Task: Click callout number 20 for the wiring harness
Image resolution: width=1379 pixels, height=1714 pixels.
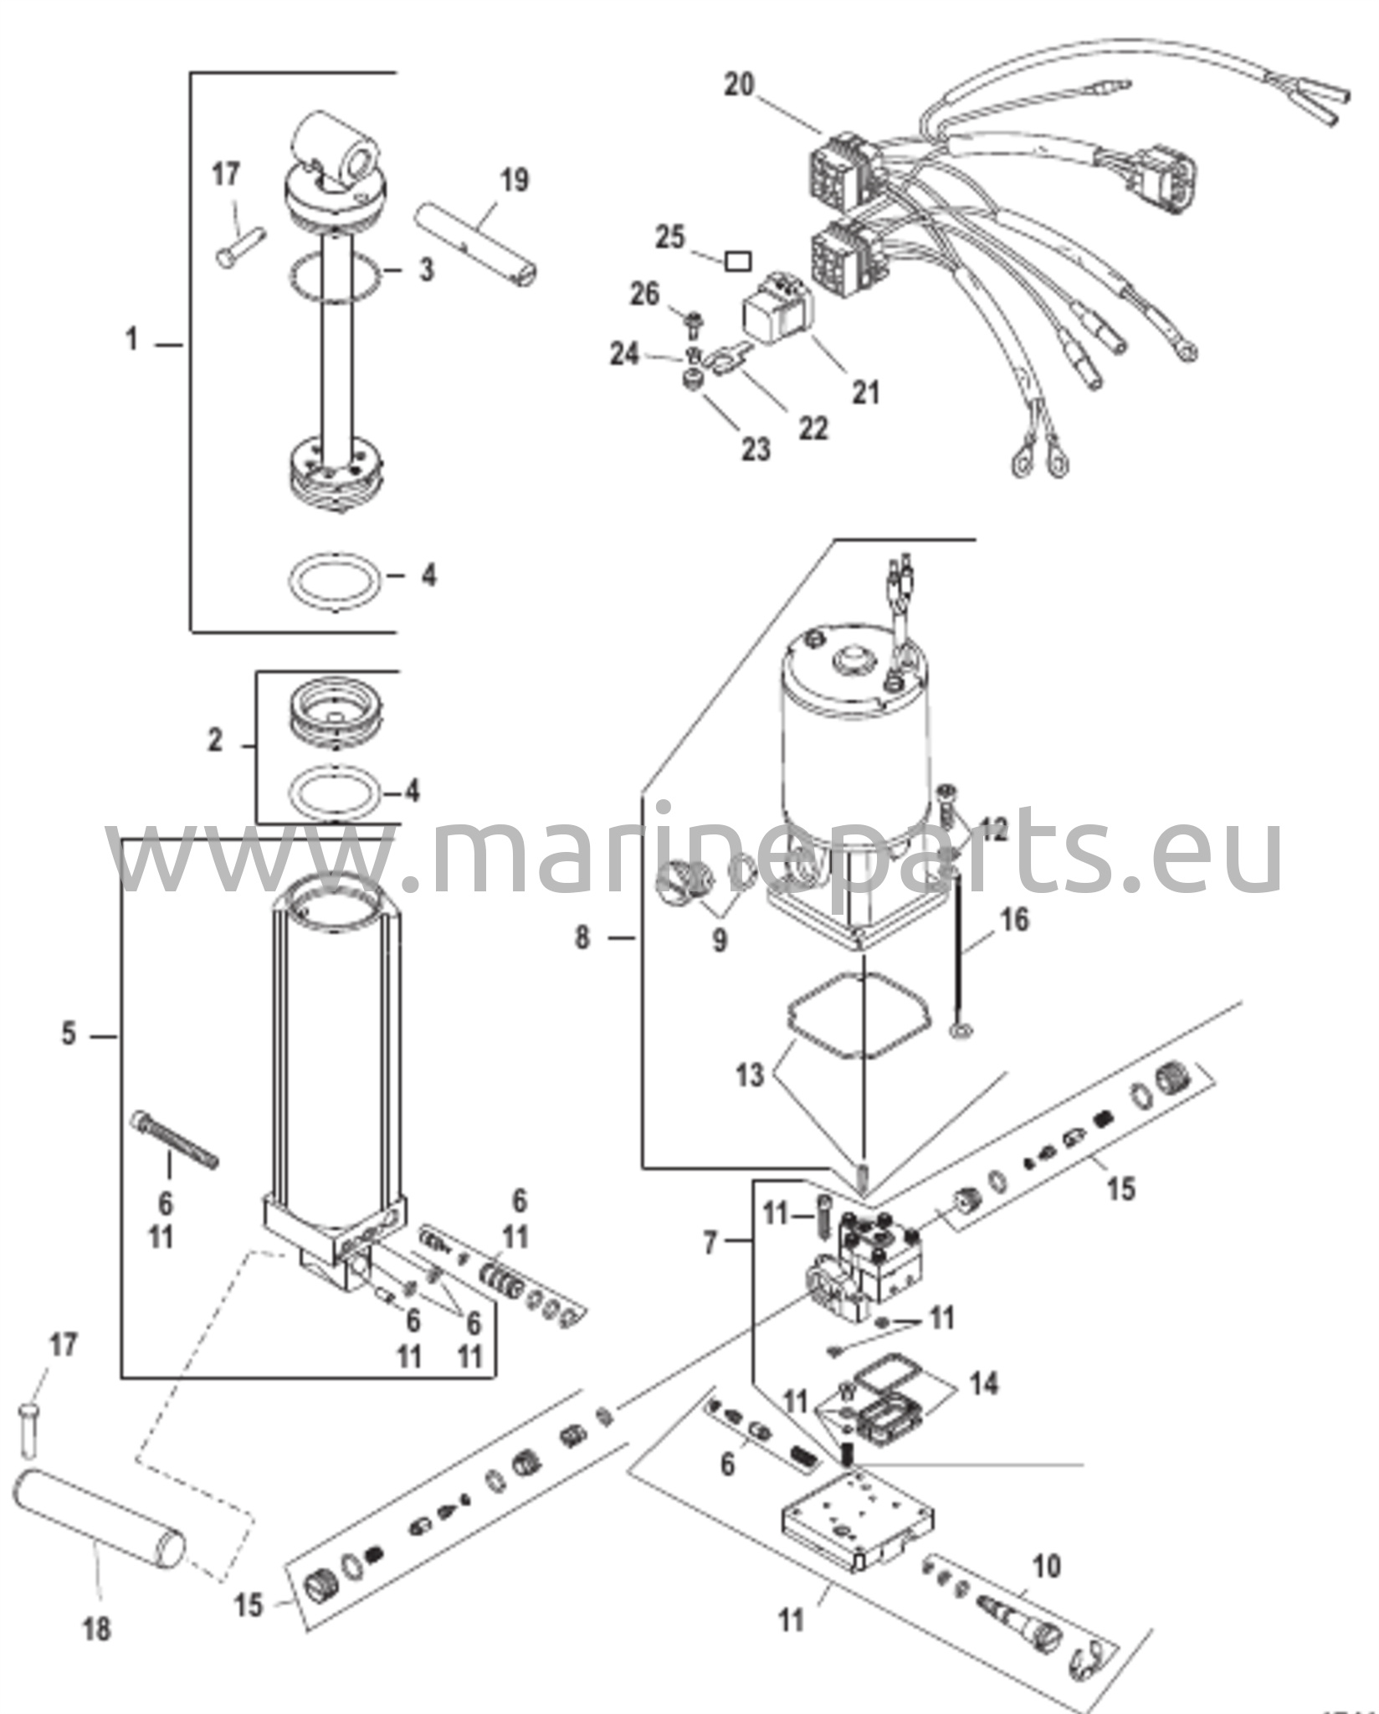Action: [x=739, y=86]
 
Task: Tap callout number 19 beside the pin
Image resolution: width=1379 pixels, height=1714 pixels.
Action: [x=515, y=180]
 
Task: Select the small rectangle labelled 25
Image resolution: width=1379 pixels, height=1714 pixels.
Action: [x=737, y=262]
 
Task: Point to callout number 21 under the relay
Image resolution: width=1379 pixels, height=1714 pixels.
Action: [x=866, y=392]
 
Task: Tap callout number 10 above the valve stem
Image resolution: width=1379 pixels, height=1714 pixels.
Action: [x=1046, y=1566]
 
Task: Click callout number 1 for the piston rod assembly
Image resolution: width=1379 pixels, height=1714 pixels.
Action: [x=131, y=341]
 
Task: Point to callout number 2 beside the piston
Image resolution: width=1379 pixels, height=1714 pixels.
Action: [x=215, y=741]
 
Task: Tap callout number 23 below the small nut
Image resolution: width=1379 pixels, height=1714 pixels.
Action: [x=755, y=449]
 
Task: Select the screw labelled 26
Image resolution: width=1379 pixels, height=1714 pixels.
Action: [x=693, y=321]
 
